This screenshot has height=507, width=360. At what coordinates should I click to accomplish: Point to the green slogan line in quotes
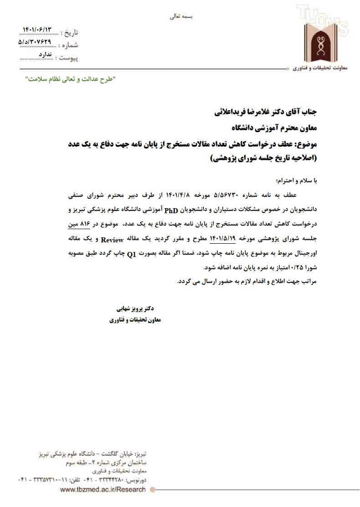(x=70, y=79)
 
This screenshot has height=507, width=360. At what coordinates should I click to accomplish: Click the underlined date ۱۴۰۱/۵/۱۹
(x=222, y=238)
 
